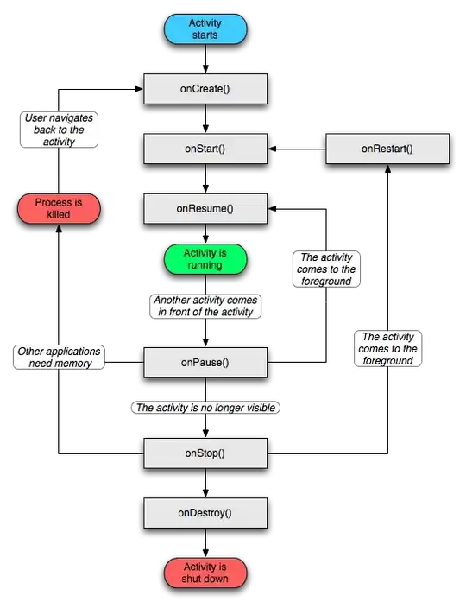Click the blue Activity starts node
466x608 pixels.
tap(205, 28)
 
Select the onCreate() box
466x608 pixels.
tap(205, 88)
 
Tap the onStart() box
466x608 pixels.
tap(205, 149)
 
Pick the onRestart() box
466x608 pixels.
tap(387, 149)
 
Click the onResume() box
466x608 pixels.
tap(205, 208)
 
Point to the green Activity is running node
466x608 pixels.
tap(205, 259)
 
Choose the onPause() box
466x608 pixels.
tap(205, 363)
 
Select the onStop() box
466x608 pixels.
tap(205, 453)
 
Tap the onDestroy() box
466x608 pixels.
tap(205, 513)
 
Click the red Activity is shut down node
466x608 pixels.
tap(205, 573)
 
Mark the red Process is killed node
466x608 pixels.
tap(59, 208)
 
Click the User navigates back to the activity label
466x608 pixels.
tap(59, 129)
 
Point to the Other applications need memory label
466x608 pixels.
tap(59, 358)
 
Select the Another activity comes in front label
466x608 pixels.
tap(206, 306)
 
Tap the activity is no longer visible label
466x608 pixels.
tap(206, 408)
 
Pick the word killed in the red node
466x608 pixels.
tap(59, 214)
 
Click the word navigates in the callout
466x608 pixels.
tap(73, 117)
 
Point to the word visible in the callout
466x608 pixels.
tap(261, 408)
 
